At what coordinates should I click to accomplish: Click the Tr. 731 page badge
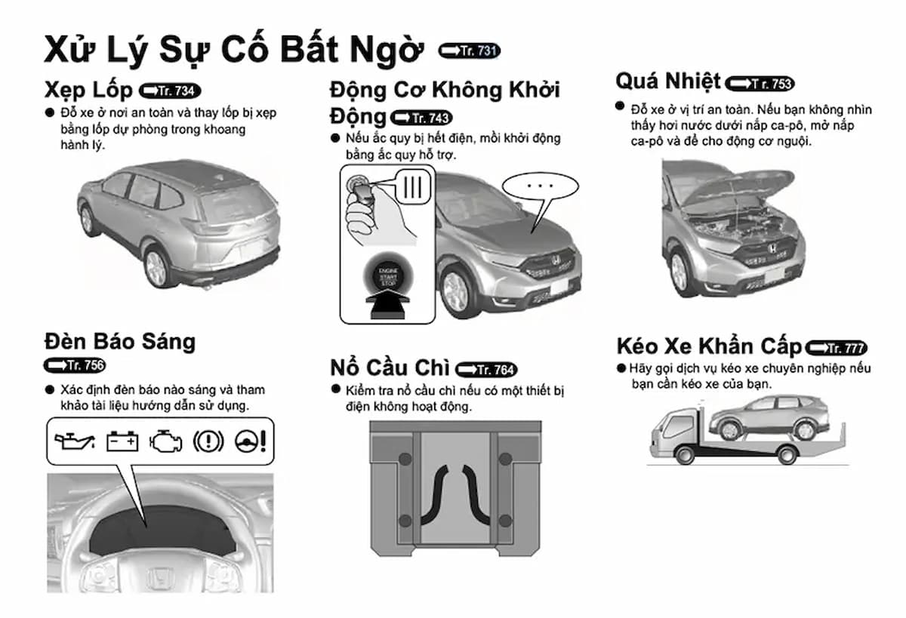[x=470, y=51]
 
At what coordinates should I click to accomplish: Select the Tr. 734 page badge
[x=171, y=91]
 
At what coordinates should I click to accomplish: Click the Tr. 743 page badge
[x=421, y=118]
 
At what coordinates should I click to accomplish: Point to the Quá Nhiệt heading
[x=668, y=81]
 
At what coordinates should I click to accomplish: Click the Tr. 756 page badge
[x=75, y=365]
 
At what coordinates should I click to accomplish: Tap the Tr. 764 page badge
[x=487, y=370]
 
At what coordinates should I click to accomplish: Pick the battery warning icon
[x=122, y=441]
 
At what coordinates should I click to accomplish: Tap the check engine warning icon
[x=166, y=441]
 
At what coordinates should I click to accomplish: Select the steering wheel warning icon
[x=249, y=441]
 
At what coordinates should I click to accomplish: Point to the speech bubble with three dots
[x=539, y=186]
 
